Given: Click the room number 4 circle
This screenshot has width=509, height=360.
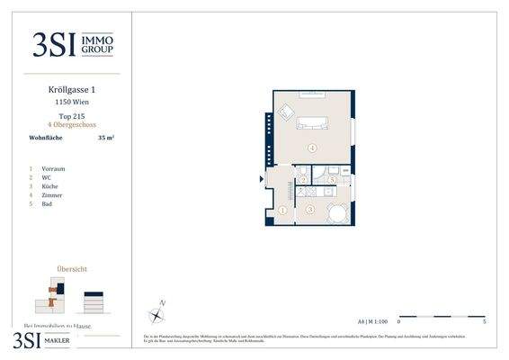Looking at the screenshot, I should tap(312, 147).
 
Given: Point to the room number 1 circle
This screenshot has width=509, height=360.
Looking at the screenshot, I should tap(281, 210).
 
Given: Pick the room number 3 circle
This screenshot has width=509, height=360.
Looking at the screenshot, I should tap(309, 210).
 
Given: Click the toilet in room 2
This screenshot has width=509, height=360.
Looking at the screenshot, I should tap(304, 173).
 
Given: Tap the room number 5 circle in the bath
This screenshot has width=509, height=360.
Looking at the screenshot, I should tap(333, 180).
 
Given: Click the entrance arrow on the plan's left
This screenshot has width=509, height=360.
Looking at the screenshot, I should tap(263, 179).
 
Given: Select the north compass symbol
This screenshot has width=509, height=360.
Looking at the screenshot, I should tap(157, 314).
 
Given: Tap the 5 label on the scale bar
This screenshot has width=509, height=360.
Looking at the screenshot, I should tap(484, 321).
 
